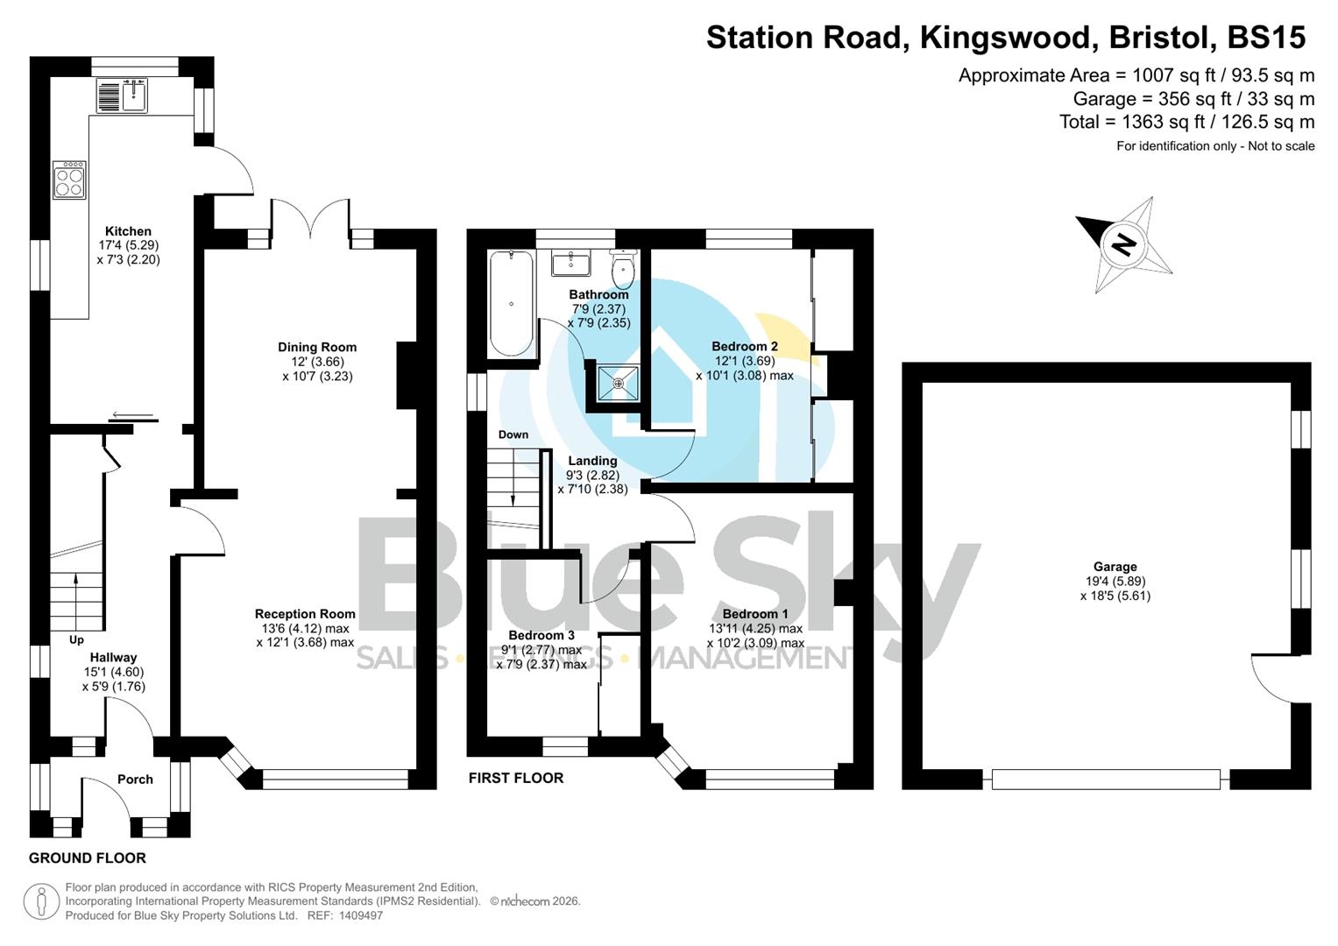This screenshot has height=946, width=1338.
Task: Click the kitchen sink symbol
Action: [123, 95]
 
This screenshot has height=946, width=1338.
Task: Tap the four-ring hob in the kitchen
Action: [69, 180]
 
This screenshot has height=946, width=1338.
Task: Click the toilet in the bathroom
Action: [623, 269]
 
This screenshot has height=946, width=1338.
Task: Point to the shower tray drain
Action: [619, 384]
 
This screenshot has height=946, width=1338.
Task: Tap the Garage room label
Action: [1115, 567]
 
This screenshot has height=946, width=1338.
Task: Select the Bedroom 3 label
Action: [542, 635]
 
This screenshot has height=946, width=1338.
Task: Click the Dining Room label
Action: [317, 347]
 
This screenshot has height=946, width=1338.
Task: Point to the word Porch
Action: [135, 779]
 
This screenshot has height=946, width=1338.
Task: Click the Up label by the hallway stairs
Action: [77, 639]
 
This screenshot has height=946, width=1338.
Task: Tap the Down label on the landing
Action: [513, 434]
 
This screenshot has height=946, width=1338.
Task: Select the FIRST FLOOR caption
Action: [516, 778]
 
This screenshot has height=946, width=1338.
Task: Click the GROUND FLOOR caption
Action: [88, 858]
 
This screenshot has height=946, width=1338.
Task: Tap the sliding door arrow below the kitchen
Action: [133, 415]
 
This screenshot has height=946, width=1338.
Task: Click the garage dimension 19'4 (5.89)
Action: [1115, 581]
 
